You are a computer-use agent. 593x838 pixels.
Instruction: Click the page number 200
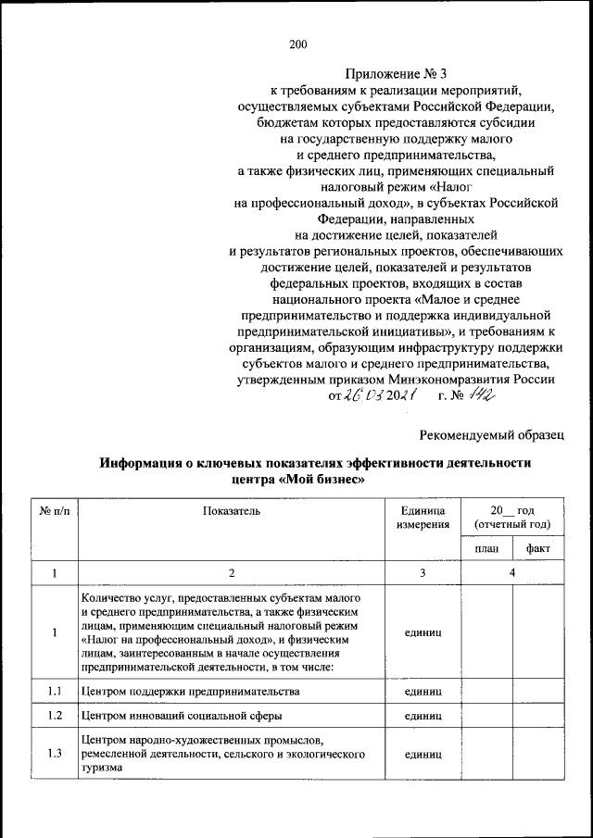coord(296,44)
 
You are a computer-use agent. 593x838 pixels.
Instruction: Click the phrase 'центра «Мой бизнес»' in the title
coord(296,480)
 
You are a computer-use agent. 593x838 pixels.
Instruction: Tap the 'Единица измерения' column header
coord(423,518)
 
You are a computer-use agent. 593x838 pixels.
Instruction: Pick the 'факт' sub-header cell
coord(538,548)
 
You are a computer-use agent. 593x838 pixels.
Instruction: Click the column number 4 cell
coord(512,573)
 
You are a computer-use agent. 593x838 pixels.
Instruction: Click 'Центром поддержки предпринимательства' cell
coord(189,691)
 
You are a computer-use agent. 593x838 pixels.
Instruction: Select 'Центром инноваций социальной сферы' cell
coord(180,716)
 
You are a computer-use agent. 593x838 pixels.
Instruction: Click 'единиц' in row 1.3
coord(423,754)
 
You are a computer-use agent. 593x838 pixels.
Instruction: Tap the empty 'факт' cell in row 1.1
coord(538,691)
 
